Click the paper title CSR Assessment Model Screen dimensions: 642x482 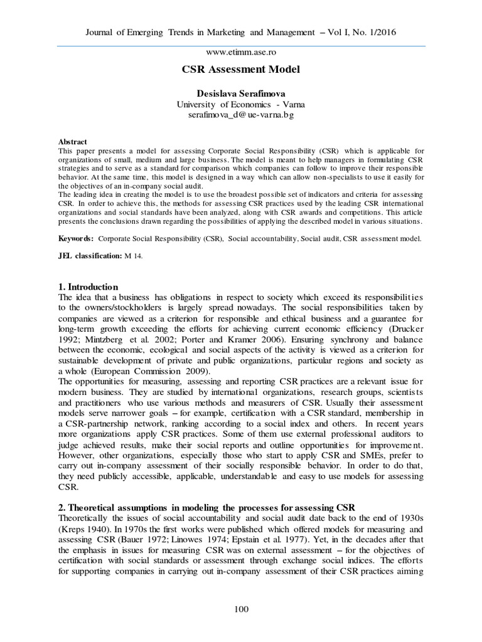click(x=241, y=70)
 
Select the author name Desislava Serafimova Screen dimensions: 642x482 click(x=241, y=93)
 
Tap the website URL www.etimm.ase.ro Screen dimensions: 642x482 click(x=241, y=53)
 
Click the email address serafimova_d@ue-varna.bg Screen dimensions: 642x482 click(x=241, y=115)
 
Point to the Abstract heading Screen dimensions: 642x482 click(x=72, y=142)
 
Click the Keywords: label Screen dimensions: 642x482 click(x=76, y=239)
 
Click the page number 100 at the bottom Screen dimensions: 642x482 click(x=241, y=609)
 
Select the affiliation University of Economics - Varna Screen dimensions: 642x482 click(x=241, y=104)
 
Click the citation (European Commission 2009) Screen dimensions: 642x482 click(x=127, y=371)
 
